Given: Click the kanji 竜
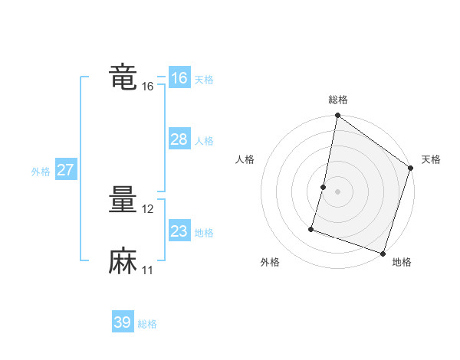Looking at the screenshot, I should (123, 78).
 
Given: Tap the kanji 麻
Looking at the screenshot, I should (123, 261).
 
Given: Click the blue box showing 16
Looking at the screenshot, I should (179, 78).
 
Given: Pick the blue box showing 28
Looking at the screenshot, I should (179, 139).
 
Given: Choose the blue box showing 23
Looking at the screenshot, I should (179, 231).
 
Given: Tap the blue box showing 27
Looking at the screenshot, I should (65, 170).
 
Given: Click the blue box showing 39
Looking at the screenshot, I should (122, 322).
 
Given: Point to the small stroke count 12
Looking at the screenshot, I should (149, 209).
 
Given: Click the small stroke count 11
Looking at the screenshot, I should (148, 270).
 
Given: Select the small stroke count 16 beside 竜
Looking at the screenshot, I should (148, 87).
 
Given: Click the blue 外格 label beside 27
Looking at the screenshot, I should (41, 172).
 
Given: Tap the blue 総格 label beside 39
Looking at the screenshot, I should (147, 324).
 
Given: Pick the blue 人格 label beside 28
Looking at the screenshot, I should (204, 141).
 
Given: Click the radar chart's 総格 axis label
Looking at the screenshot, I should (338, 100).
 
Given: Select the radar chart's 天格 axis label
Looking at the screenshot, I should (431, 159).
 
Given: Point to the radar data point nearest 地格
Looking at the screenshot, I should (383, 253).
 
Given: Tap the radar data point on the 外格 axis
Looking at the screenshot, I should (312, 228).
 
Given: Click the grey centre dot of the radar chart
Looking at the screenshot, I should (338, 191).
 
